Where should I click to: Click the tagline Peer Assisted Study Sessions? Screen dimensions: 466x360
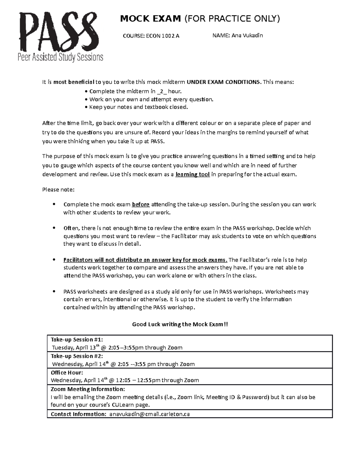(60, 57)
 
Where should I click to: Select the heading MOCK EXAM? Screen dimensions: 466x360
(150, 19)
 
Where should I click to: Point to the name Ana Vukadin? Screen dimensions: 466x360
(247, 35)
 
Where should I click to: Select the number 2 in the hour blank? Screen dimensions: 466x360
(162, 92)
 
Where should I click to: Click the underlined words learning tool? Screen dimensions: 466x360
(192, 175)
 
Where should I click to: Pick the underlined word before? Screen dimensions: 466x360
(141, 205)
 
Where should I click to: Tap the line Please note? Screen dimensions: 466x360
(58, 190)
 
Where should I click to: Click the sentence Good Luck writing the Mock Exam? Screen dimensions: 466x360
(180, 324)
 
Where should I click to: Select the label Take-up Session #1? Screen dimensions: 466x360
(77, 340)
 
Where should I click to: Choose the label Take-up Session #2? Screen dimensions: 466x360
(77, 356)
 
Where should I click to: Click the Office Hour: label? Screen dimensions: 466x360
(67, 373)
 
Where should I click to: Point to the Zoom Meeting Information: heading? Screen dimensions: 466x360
(88, 389)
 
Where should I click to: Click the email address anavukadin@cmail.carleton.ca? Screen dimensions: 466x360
(149, 414)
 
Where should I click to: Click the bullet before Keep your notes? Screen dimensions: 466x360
(86, 107)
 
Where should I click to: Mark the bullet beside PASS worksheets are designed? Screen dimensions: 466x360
(54, 292)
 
